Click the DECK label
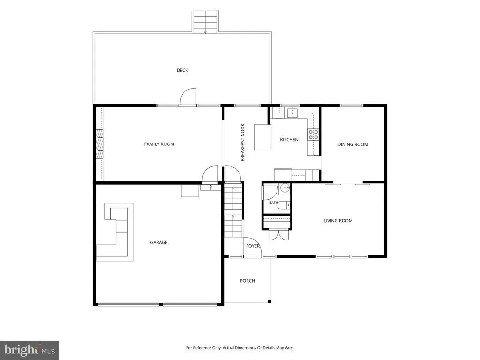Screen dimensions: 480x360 pos(182,70)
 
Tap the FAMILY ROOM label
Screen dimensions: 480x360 pos(159,144)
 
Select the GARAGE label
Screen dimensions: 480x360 pos(159,242)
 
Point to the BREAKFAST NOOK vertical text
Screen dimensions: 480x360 pos(243,142)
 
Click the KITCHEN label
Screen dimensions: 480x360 pos(289,140)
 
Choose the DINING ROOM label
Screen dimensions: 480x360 pos(352,144)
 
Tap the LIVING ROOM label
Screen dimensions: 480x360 pos(338,221)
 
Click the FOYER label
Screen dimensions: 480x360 pos(253,246)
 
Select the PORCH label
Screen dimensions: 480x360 pos(247,281)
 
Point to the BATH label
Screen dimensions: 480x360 pos(273,202)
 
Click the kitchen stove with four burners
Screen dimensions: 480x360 pos(313,135)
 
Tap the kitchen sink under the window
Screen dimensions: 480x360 pos(293,112)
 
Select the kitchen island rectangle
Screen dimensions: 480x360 pos(262,137)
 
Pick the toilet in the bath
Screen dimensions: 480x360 pos(284,205)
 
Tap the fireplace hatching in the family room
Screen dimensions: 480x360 pos(99,144)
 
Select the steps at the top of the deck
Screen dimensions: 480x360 pos(205,22)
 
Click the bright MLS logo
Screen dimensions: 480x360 pos(30,350)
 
